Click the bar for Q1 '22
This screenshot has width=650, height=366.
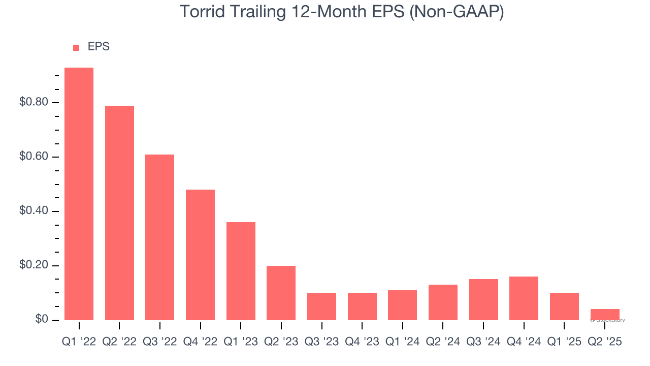(79, 193)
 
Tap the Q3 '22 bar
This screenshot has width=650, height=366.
(159, 237)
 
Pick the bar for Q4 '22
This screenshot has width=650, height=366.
(200, 254)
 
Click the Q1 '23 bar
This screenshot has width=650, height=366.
(241, 270)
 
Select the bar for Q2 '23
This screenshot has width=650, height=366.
(281, 292)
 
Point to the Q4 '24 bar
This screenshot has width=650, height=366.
(524, 298)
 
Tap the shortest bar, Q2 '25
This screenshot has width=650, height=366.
(605, 314)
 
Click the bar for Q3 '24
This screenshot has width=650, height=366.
(483, 299)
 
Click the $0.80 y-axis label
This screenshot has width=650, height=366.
(34, 102)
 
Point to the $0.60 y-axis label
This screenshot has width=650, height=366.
(34, 157)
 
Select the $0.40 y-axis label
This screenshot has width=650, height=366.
(34, 211)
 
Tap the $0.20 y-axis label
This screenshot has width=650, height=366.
(34, 265)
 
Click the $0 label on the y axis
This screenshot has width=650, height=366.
(42, 319)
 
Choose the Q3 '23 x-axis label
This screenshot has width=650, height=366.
(321, 342)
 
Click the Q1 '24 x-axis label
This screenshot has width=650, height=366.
(402, 342)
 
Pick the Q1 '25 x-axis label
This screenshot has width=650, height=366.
(564, 342)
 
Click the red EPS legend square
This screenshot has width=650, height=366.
(76, 47)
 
